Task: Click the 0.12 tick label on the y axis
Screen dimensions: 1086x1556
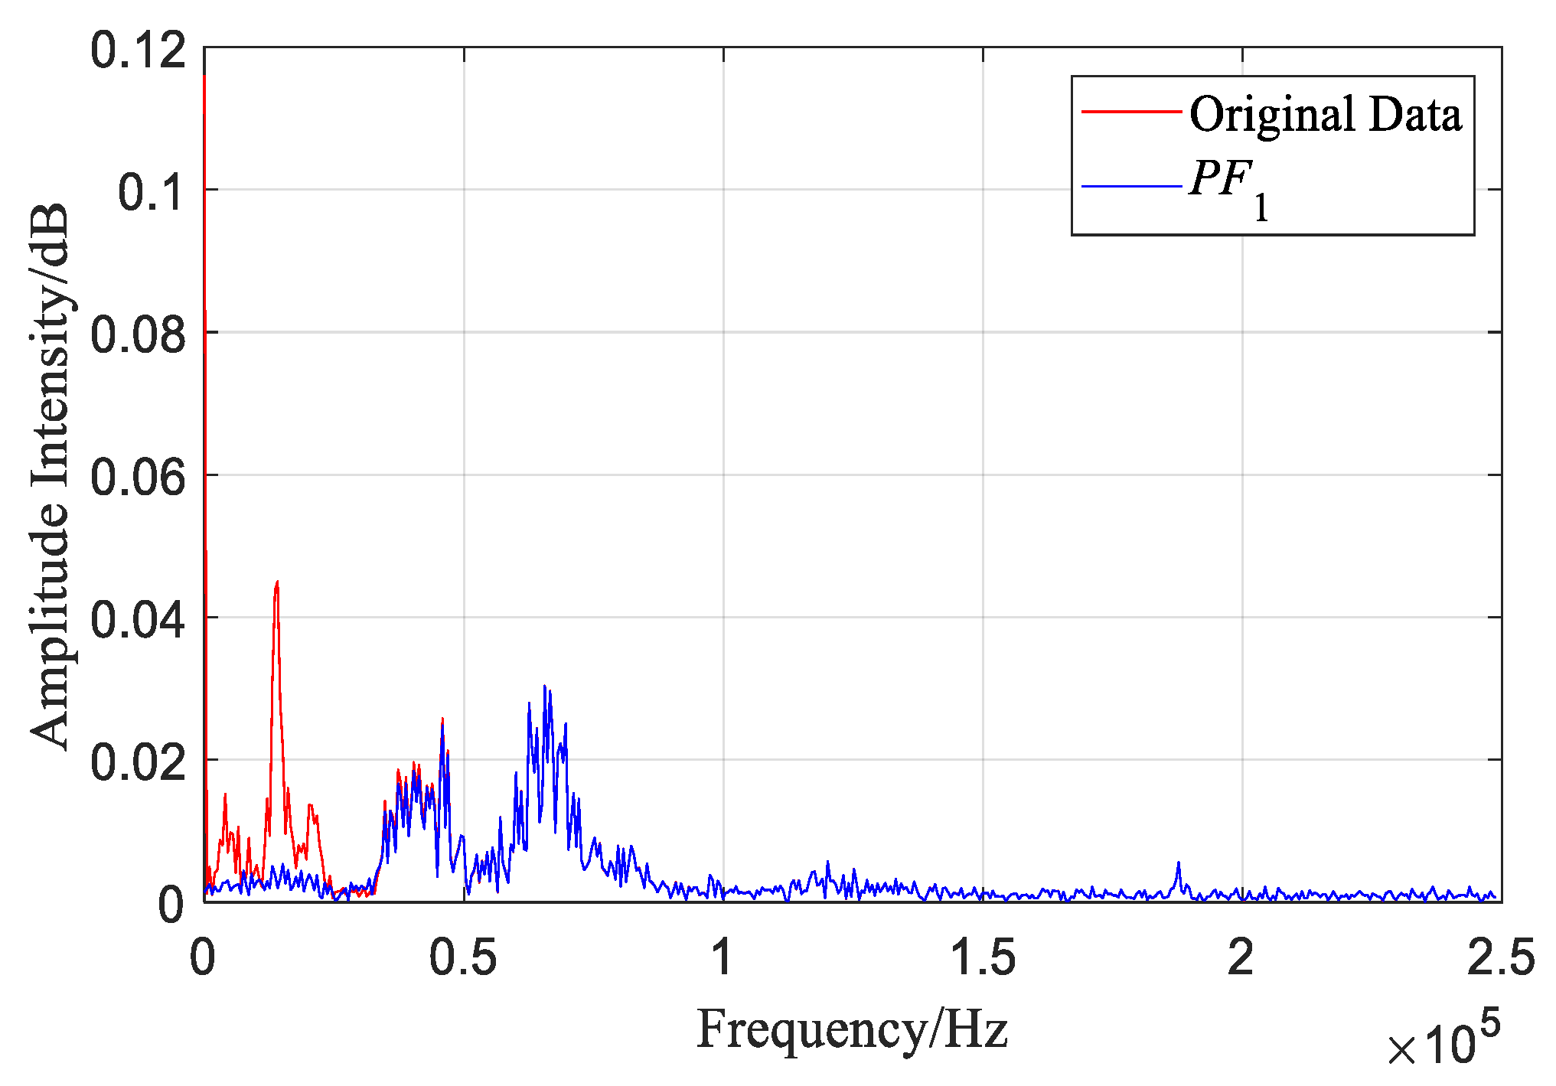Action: click(x=138, y=51)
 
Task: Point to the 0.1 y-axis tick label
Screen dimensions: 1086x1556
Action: click(x=151, y=191)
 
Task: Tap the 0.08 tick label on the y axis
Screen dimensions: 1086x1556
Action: click(x=138, y=334)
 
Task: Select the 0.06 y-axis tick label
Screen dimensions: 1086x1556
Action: click(x=138, y=477)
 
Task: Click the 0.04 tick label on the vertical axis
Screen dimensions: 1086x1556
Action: click(x=138, y=619)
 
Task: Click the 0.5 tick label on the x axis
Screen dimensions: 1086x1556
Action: click(x=463, y=957)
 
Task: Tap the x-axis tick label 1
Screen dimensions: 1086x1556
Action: click(x=723, y=957)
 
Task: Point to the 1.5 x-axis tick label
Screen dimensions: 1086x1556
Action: click(x=983, y=957)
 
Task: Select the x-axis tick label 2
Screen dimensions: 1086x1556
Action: click(x=1241, y=957)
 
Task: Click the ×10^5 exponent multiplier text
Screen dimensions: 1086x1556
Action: click(x=1443, y=1041)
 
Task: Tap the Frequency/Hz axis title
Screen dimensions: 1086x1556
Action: click(x=852, y=1029)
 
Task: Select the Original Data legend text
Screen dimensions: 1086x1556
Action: click(x=1325, y=115)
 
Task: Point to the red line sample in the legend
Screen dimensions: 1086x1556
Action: click(x=1131, y=112)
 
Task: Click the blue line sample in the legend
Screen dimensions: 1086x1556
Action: click(x=1131, y=186)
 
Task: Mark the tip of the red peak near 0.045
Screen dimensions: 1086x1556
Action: click(x=277, y=582)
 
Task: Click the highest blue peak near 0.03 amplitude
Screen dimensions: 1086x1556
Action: click(x=544, y=686)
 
